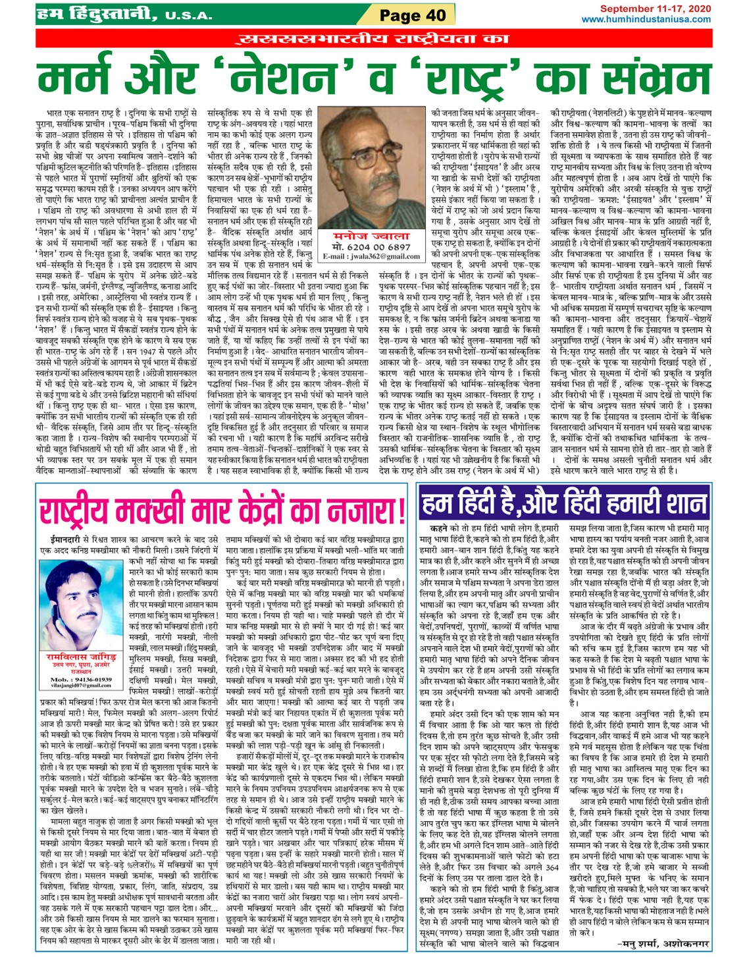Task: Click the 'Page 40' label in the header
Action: pos(412,14)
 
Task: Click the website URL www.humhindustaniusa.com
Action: pos(646,19)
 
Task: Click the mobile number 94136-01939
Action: pos(81,679)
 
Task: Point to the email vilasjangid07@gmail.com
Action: pos(81,686)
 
